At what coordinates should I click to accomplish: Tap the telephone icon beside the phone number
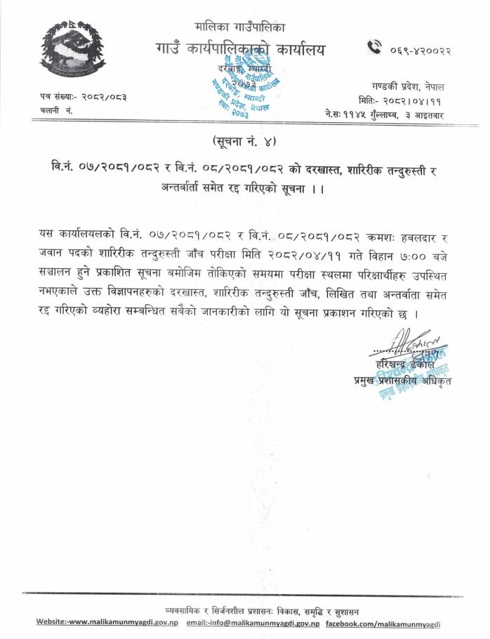click(375, 48)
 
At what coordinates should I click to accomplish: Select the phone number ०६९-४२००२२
click(420, 48)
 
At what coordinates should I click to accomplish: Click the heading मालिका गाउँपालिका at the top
click(241, 27)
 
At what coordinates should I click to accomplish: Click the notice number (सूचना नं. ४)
click(245, 141)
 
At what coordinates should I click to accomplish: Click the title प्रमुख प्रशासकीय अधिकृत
click(402, 381)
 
